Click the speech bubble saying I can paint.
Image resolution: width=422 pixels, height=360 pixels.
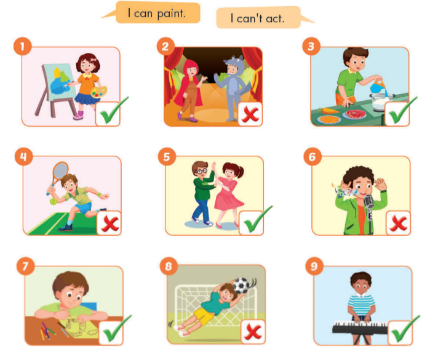click(x=159, y=12)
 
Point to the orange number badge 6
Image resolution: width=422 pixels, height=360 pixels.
click(x=313, y=157)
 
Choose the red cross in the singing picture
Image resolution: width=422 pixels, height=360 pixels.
click(x=398, y=222)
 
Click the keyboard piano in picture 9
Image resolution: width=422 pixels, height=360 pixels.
click(x=359, y=328)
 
